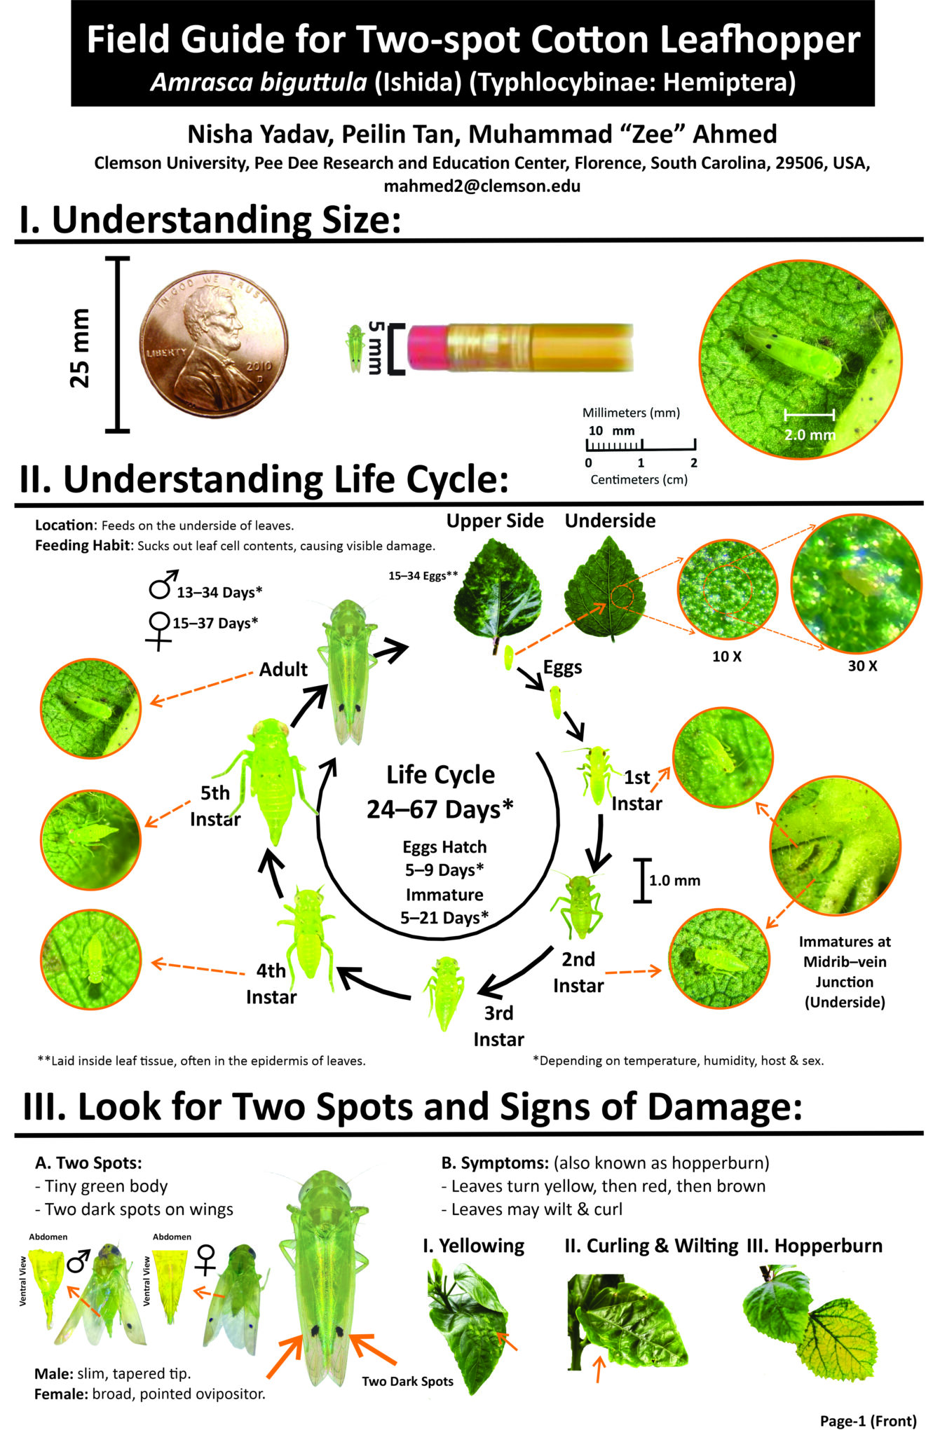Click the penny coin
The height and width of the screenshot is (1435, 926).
tap(215, 345)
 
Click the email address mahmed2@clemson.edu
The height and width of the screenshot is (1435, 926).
tap(482, 186)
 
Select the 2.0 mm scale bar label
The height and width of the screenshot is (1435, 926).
tap(810, 434)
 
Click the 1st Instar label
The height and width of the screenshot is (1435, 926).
tap(636, 790)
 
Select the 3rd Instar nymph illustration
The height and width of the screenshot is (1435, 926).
tap(444, 994)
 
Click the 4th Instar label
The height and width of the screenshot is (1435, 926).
tap(271, 984)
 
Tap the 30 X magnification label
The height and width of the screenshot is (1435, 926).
tap(862, 666)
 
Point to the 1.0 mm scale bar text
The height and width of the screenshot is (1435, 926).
tap(674, 881)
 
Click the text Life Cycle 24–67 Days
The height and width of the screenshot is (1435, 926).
tap(440, 792)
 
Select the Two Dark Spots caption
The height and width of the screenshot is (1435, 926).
tap(407, 1381)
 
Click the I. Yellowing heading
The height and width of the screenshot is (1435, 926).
tap(474, 1245)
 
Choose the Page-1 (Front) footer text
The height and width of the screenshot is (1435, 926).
tap(868, 1420)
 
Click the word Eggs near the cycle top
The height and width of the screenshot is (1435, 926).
tap(562, 668)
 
